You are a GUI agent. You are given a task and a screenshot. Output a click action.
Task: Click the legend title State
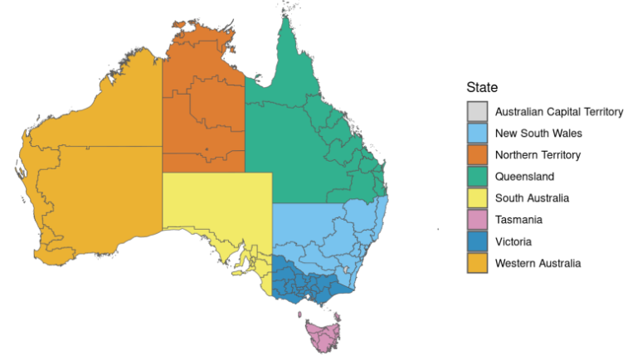pyautogui.click(x=482, y=87)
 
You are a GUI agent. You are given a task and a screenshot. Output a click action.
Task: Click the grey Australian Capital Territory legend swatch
pyautogui.click(x=477, y=111)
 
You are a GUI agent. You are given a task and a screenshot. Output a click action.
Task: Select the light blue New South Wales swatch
pyautogui.click(x=477, y=133)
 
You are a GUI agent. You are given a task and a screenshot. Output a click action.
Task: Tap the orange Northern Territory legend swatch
pyautogui.click(x=477, y=154)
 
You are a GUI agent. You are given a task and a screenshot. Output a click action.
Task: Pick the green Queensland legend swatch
pyautogui.click(x=477, y=177)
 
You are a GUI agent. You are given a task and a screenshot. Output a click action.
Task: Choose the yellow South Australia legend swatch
pyautogui.click(x=477, y=198)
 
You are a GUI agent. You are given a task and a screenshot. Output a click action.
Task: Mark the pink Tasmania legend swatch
pyautogui.click(x=477, y=220)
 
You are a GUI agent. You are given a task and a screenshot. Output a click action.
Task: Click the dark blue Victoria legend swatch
pyautogui.click(x=477, y=241)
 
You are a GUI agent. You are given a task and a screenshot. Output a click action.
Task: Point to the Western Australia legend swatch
pyautogui.click(x=477, y=263)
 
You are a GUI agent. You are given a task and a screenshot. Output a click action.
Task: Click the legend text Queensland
pyautogui.click(x=524, y=177)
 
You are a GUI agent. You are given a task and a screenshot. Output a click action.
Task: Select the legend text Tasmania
pyautogui.click(x=519, y=220)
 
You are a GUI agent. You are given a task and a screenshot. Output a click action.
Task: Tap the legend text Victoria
pyautogui.click(x=514, y=241)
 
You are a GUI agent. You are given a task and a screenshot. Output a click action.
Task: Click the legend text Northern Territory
pyautogui.click(x=537, y=155)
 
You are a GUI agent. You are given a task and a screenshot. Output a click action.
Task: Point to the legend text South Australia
pyautogui.click(x=532, y=198)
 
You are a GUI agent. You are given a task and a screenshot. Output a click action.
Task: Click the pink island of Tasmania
pyautogui.click(x=322, y=335)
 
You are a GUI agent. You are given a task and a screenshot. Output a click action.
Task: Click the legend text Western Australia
pyautogui.click(x=537, y=263)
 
